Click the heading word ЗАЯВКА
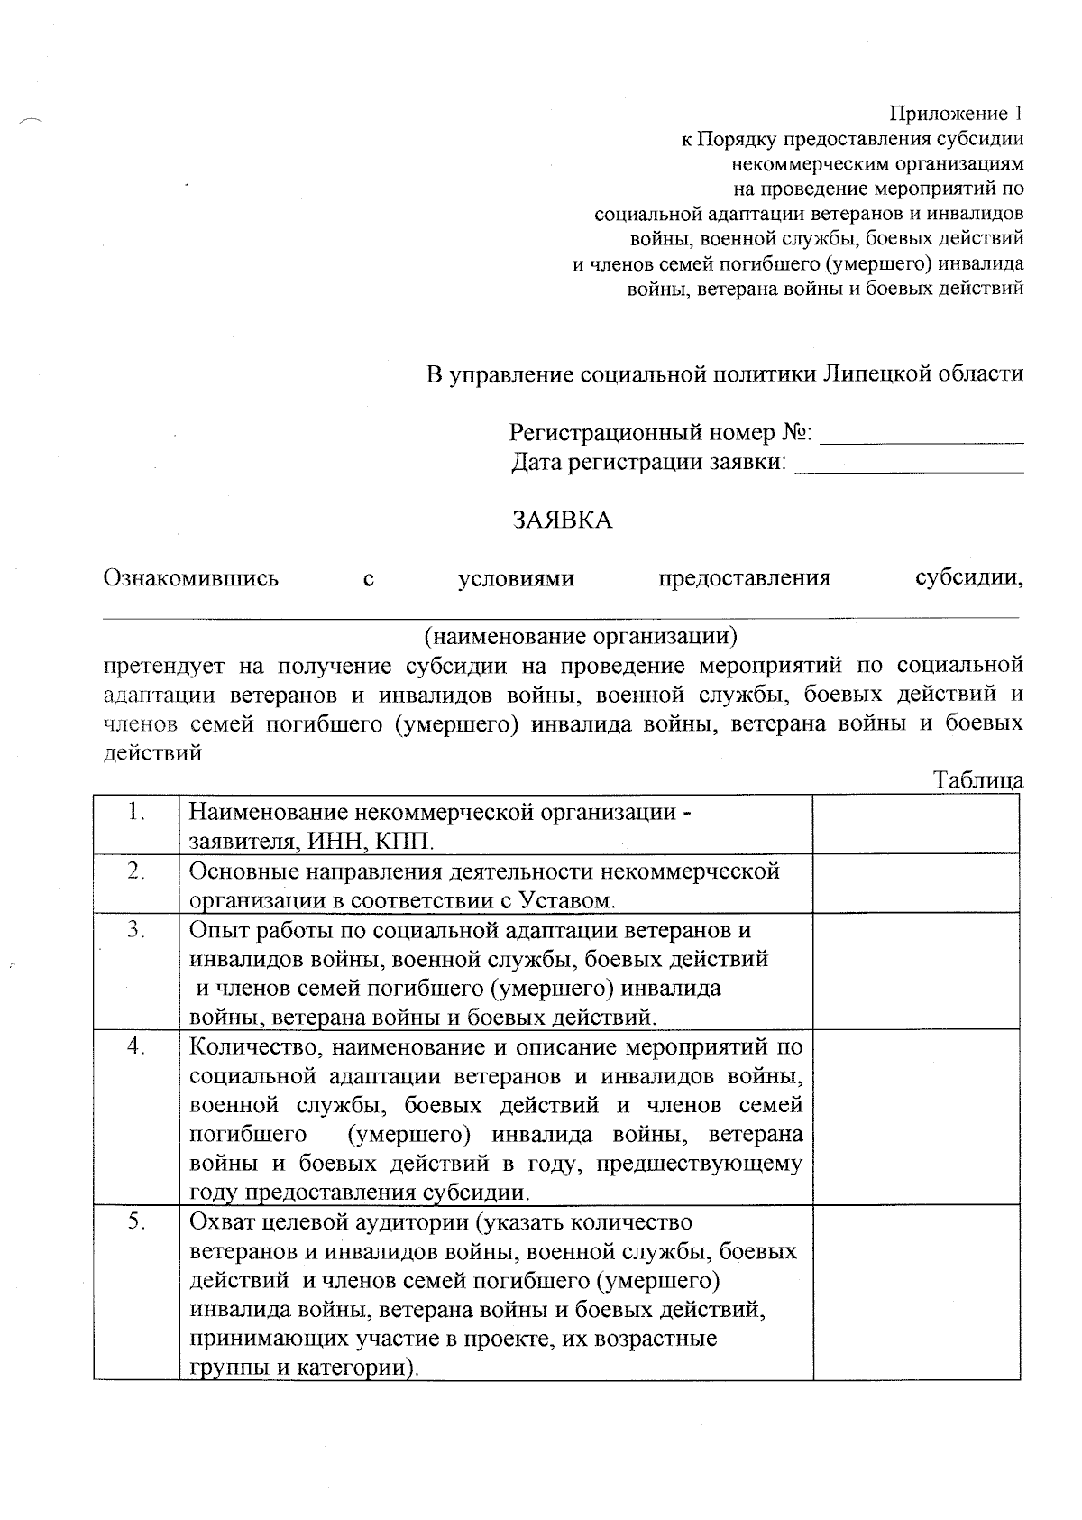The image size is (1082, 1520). (563, 520)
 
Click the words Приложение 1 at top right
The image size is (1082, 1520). (957, 114)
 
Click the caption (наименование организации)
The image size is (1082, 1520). (581, 637)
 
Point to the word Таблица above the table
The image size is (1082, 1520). (978, 780)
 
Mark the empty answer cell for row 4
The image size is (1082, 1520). (916, 1118)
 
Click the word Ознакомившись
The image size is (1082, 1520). (191, 578)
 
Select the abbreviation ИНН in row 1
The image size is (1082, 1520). (337, 842)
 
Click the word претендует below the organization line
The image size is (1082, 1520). (164, 667)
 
